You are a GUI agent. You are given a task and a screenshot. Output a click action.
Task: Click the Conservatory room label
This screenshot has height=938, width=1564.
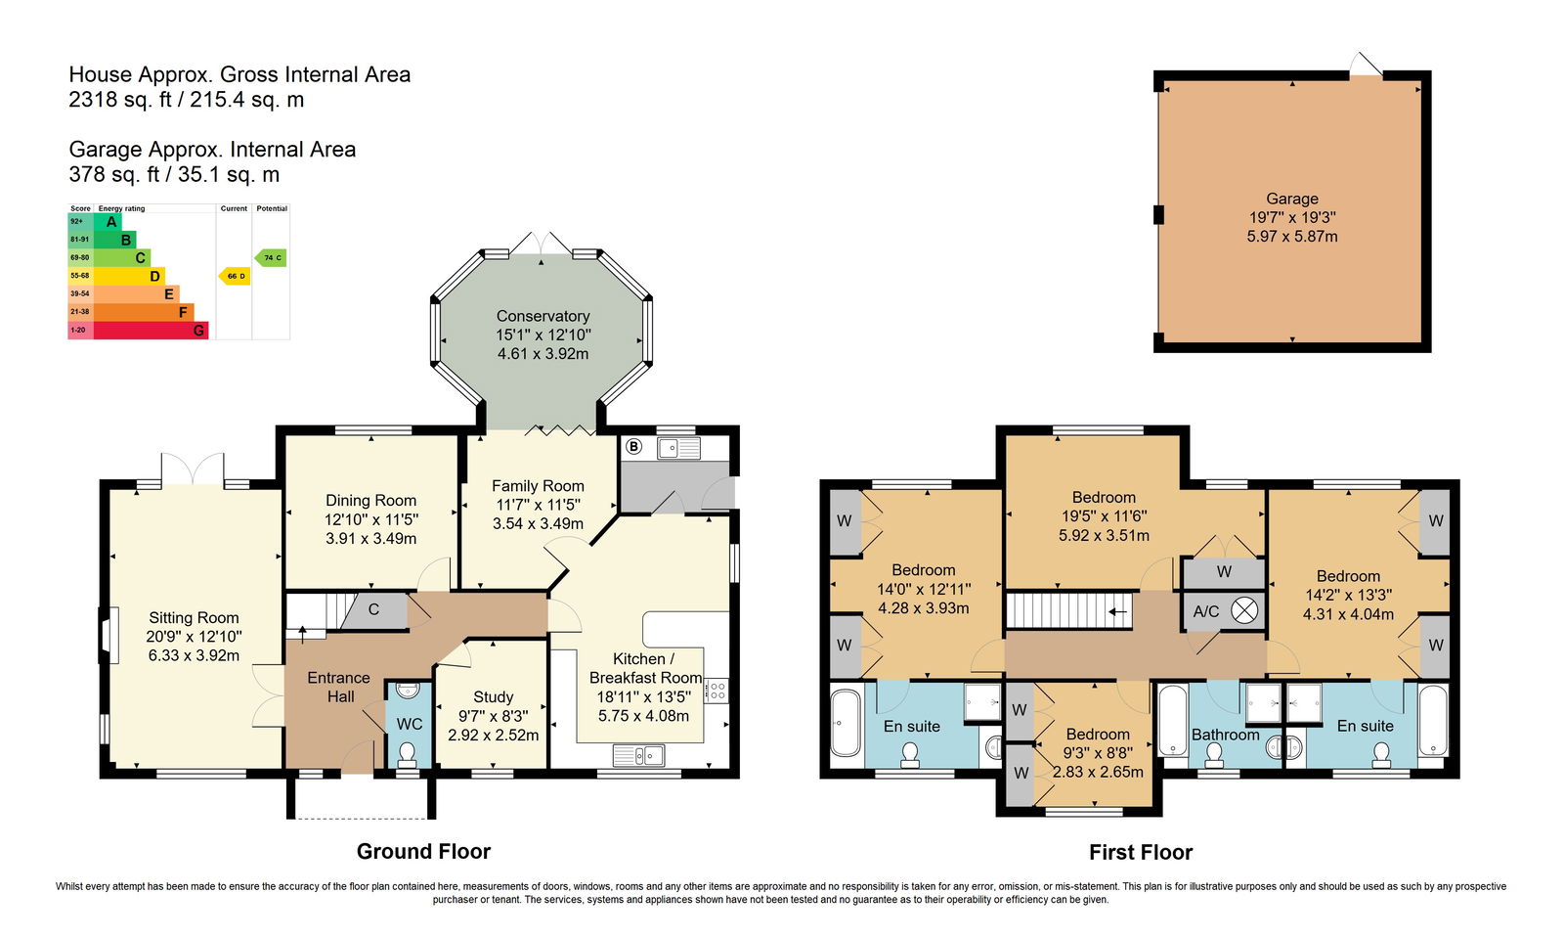click(543, 316)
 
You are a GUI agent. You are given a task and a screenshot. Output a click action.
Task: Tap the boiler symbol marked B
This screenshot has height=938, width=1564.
click(633, 446)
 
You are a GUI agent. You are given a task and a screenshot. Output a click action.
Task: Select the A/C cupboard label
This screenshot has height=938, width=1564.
click(1206, 612)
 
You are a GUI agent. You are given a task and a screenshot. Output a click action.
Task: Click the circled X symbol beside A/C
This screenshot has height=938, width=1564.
click(1243, 611)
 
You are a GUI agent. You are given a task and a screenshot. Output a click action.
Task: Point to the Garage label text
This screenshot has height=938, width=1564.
click(1291, 200)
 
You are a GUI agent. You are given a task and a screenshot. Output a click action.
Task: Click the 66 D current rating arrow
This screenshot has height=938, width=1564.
click(235, 276)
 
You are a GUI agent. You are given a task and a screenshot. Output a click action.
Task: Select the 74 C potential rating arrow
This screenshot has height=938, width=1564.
click(271, 257)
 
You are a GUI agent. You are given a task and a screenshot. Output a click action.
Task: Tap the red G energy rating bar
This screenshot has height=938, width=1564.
click(151, 331)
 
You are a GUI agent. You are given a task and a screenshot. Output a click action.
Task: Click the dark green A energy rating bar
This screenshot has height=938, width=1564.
click(108, 222)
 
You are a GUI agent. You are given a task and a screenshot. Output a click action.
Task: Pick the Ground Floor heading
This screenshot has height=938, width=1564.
click(423, 851)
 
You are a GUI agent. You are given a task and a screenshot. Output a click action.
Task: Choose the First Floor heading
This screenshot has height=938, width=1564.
click(1141, 852)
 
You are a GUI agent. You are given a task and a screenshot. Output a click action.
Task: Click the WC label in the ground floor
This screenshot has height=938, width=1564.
click(410, 724)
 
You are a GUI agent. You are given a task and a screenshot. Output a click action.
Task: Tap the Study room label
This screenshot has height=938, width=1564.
click(493, 697)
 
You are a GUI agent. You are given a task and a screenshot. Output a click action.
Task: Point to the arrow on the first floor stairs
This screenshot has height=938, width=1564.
click(1118, 612)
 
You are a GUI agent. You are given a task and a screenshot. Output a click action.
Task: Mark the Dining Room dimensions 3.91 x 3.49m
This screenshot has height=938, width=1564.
click(370, 539)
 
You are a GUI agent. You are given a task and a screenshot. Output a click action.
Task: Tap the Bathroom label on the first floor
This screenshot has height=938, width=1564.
click(1226, 735)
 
